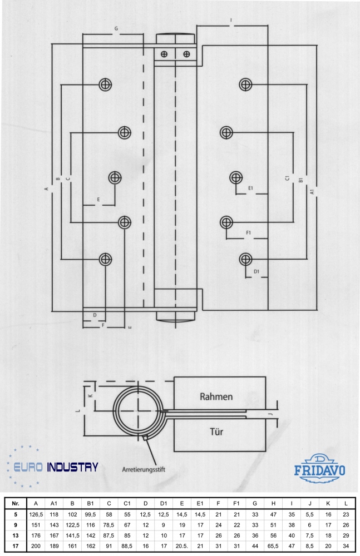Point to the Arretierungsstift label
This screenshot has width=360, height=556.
tap(144, 469)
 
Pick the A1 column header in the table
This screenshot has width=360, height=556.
tap(54, 504)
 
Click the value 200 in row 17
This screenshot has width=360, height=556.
tap(36, 546)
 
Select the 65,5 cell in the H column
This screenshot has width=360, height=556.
tap(273, 546)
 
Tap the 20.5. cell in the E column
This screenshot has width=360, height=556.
tap(181, 546)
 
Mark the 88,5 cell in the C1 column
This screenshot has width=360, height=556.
tap(127, 546)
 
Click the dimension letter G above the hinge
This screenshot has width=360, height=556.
tap(116, 27)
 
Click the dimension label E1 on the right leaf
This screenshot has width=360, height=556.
tap(251, 188)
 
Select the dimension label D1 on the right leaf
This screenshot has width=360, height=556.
tap(257, 271)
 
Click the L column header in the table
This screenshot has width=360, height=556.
tap(346, 504)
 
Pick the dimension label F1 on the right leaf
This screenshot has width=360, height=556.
tap(249, 231)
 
